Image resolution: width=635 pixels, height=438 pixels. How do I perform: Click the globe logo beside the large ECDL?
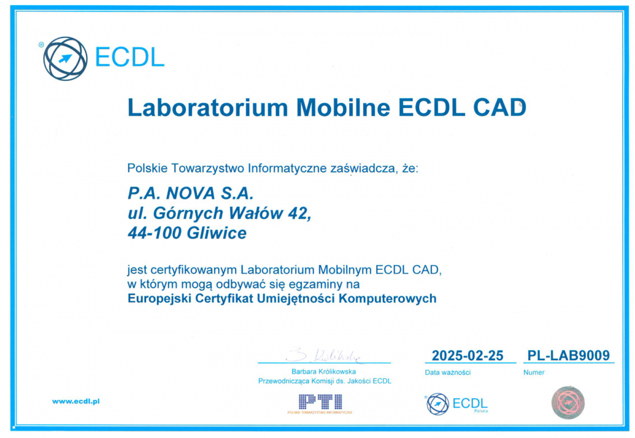tap(65, 58)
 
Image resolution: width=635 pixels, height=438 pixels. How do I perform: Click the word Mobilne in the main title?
tap(343, 107)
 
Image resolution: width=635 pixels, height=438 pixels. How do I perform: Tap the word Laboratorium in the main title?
tap(208, 107)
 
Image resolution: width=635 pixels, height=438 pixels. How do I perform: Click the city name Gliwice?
tap(216, 233)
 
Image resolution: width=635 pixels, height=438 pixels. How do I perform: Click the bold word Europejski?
tap(159, 299)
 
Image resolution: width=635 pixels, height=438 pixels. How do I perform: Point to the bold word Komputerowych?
tap(387, 299)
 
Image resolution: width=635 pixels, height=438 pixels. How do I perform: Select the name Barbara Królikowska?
tap(324, 372)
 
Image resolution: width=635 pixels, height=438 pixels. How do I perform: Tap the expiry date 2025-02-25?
tap(468, 356)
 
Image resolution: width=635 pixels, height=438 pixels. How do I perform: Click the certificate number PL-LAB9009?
tap(568, 356)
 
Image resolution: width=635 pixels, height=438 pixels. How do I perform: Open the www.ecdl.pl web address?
tap(76, 402)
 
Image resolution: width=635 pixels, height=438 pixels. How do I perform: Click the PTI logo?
tap(320, 404)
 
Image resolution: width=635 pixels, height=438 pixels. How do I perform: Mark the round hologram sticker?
tap(568, 403)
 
